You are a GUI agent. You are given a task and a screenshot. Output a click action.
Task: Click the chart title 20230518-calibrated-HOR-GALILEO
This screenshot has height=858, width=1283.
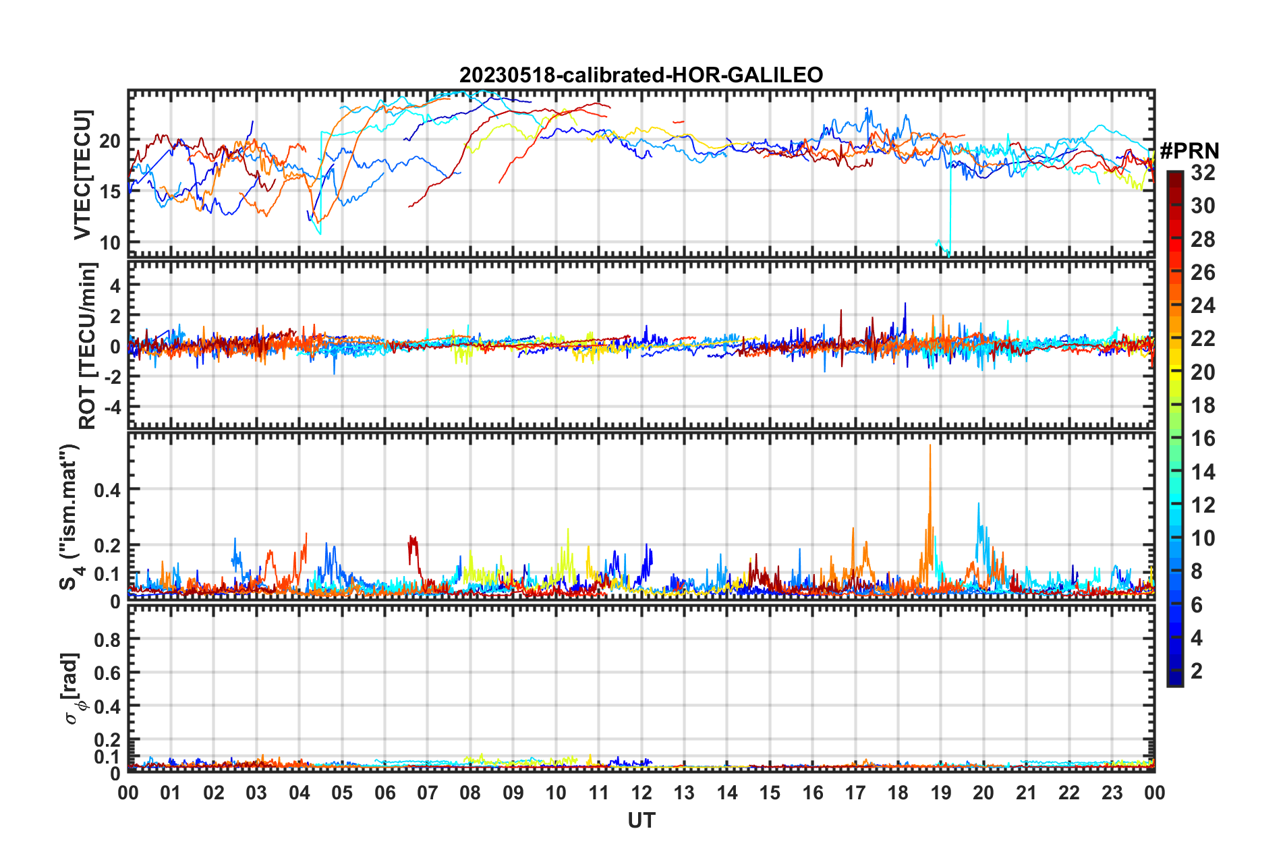pyautogui.click(x=641, y=75)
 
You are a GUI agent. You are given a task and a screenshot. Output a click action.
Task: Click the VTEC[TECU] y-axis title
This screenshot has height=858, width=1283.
pyautogui.click(x=82, y=175)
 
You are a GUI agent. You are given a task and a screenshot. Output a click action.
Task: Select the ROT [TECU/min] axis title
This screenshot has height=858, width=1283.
pyautogui.click(x=88, y=346)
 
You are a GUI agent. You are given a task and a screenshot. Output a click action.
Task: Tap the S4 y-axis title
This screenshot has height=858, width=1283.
pyautogui.click(x=70, y=517)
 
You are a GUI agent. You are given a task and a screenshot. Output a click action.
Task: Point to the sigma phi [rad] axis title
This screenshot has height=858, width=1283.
pyautogui.click(x=73, y=688)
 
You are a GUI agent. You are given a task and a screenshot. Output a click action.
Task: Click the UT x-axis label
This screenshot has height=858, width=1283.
pyautogui.click(x=641, y=820)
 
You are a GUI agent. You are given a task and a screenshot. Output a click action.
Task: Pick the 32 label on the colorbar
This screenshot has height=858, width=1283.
pyautogui.click(x=1203, y=173)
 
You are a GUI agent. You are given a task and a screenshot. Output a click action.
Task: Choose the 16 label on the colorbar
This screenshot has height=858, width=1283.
pyautogui.click(x=1203, y=438)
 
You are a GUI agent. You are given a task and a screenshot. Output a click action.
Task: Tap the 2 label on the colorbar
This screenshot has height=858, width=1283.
pyautogui.click(x=1197, y=670)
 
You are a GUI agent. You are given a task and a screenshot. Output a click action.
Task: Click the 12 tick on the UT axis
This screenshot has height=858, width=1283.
pyautogui.click(x=641, y=792)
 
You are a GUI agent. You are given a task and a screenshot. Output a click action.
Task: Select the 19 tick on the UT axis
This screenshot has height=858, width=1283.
pyautogui.click(x=940, y=792)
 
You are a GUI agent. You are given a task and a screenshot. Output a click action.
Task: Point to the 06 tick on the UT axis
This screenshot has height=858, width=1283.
pyautogui.click(x=384, y=792)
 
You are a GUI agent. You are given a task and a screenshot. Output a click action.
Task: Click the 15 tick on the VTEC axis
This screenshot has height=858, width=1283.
pyautogui.click(x=110, y=192)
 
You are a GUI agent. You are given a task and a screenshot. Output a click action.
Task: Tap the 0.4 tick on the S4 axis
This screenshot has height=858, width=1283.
pyautogui.click(x=108, y=490)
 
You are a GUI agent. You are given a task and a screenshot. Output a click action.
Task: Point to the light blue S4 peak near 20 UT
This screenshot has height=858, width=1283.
pyautogui.click(x=979, y=504)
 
